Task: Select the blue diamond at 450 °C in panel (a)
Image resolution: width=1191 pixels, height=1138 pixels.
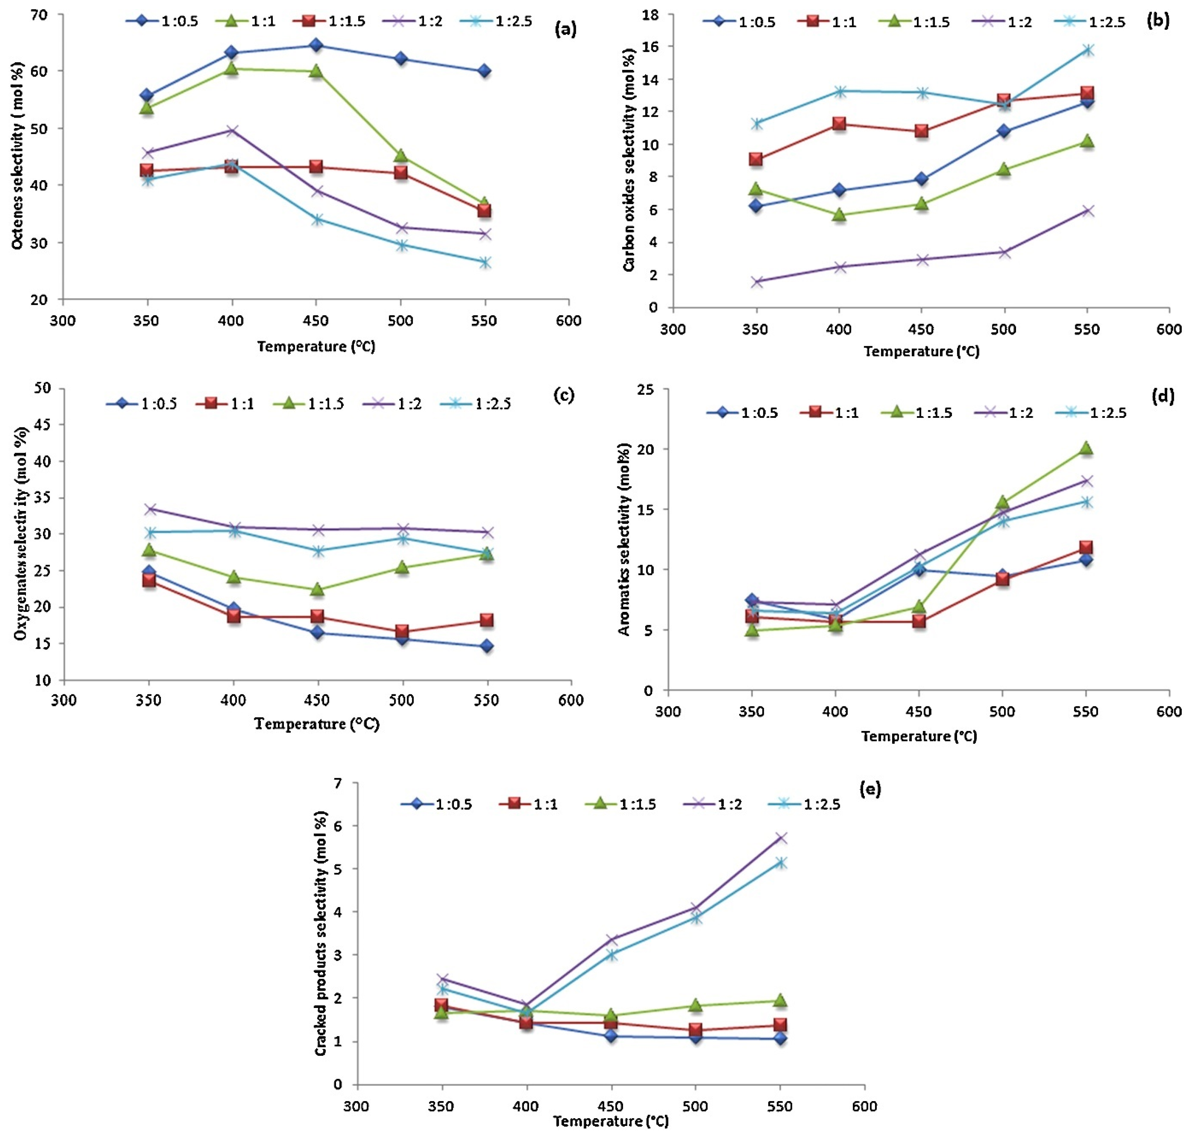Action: tap(315, 45)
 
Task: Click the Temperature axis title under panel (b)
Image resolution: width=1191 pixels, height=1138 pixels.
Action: tap(921, 351)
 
